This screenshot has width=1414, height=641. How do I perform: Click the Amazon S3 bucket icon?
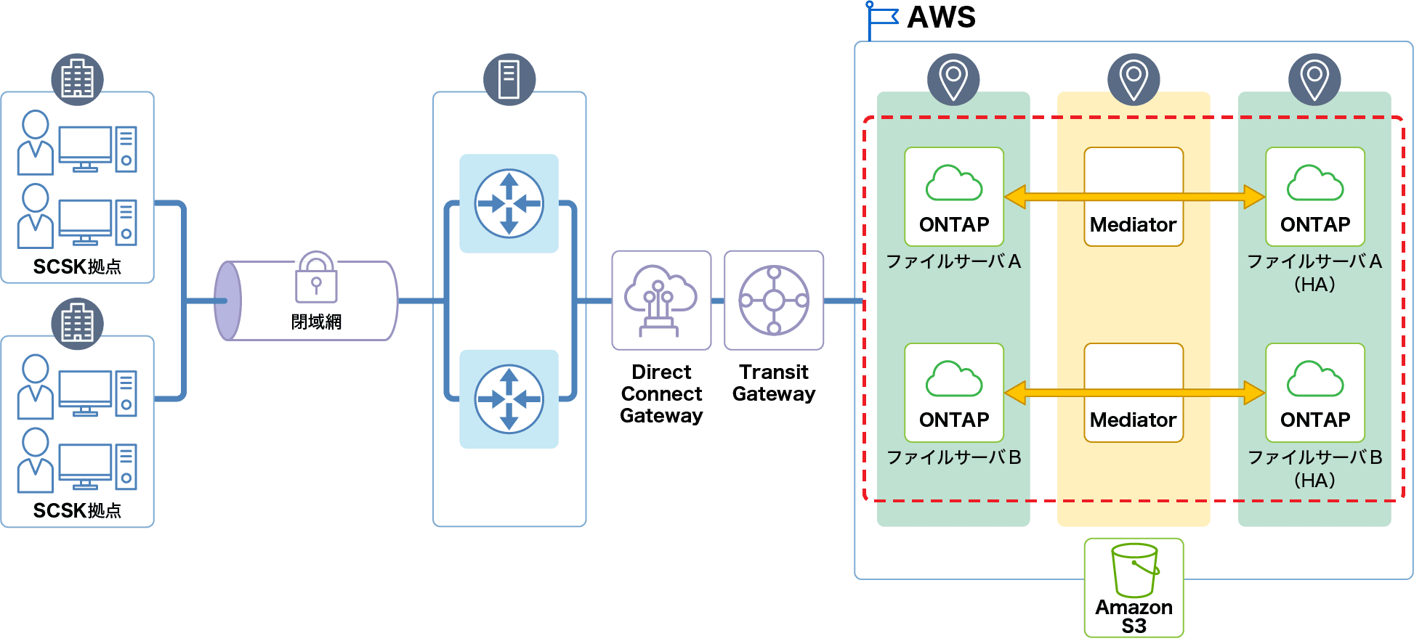(x=1134, y=570)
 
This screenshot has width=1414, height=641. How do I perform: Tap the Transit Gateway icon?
(x=774, y=300)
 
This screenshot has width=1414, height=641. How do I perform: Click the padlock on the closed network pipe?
(x=316, y=279)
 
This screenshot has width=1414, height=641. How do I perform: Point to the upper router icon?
(x=509, y=203)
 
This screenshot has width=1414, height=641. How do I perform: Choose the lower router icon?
(x=509, y=399)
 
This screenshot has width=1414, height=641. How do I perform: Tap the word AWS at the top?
(x=941, y=17)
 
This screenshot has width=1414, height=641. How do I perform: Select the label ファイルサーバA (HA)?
(x=1314, y=272)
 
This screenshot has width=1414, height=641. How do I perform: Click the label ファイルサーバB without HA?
(x=953, y=457)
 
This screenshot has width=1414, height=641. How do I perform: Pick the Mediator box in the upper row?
(x=1134, y=197)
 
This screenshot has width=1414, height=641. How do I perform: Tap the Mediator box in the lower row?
(x=1134, y=393)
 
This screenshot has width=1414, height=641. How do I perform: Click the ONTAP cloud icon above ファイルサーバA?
(x=953, y=183)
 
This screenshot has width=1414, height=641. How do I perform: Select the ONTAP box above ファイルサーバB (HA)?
(x=1314, y=393)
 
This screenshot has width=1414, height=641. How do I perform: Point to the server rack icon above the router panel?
(x=509, y=79)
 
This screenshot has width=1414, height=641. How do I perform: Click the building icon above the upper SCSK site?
(x=77, y=79)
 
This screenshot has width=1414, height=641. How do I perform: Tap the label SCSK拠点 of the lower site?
(x=77, y=511)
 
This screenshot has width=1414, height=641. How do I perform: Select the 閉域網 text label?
(x=316, y=322)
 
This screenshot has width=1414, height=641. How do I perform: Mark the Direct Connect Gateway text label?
(x=661, y=393)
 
